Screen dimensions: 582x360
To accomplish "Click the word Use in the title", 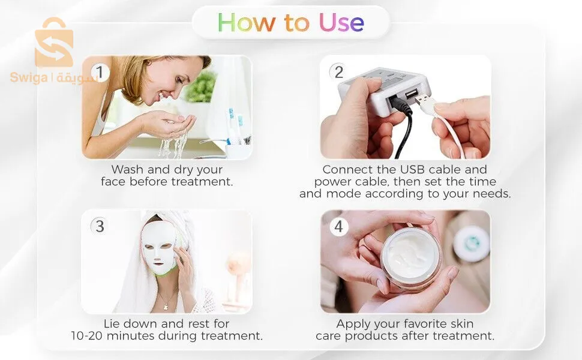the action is pos(341,22).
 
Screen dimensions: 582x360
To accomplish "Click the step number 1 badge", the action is pos(100,72).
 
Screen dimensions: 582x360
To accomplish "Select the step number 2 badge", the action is pos(338,72).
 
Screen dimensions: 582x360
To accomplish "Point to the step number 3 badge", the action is pos(100,226).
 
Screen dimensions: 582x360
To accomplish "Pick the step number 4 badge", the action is pos(338,226).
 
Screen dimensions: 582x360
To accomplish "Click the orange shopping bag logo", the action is pos(54,43).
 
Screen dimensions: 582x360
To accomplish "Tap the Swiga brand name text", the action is pos(29,77).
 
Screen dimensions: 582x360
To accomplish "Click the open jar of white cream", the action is pos(411,259).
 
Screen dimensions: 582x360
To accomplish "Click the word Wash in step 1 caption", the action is pos(127,170).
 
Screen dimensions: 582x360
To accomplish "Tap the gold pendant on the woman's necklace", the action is pos(166,307).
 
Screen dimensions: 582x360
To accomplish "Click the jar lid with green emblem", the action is pos(472,243).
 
